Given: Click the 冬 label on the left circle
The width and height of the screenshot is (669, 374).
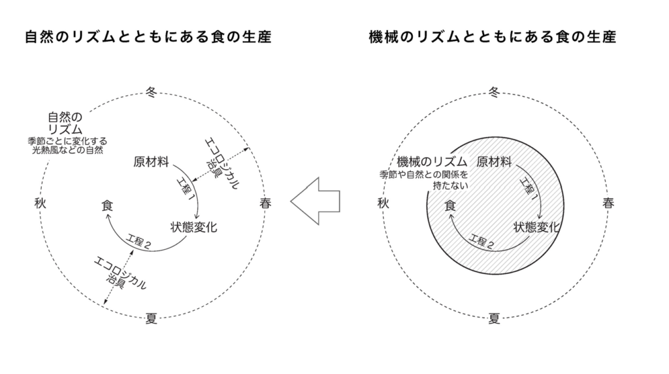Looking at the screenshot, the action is (x=152, y=92).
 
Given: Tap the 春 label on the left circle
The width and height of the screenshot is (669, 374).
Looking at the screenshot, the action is (x=265, y=203).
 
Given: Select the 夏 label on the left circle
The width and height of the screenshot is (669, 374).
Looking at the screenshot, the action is (x=152, y=318).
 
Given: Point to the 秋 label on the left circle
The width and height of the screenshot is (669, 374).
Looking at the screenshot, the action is (x=40, y=203).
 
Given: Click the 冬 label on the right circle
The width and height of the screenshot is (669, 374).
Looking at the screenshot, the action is (x=494, y=92).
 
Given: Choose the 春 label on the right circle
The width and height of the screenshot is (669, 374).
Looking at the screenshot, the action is (x=608, y=203).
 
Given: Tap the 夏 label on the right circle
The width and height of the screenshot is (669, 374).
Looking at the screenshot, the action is (x=494, y=318).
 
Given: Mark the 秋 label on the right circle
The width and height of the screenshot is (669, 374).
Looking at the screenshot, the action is (x=383, y=203).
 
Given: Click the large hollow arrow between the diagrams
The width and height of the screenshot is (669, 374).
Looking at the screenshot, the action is (x=316, y=201).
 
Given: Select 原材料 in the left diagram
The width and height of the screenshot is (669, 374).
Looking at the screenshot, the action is (x=151, y=162).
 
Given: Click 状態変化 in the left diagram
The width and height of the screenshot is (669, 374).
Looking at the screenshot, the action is (x=193, y=227).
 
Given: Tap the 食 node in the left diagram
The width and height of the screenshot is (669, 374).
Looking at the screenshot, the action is (x=107, y=206).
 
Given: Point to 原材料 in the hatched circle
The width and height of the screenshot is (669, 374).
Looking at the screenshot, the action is (x=494, y=162).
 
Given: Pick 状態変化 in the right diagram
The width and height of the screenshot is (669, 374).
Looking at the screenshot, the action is (x=536, y=227).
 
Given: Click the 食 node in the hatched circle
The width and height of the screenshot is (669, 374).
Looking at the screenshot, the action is (x=450, y=206).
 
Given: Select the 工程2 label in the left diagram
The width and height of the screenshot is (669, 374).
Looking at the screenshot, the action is (x=139, y=242).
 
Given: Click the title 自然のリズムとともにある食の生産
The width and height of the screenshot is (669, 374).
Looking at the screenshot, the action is (x=148, y=37).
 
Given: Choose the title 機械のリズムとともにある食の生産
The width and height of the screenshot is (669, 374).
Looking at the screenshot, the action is (x=493, y=37).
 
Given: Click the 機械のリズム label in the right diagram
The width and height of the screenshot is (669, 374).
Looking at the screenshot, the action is (x=432, y=162).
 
